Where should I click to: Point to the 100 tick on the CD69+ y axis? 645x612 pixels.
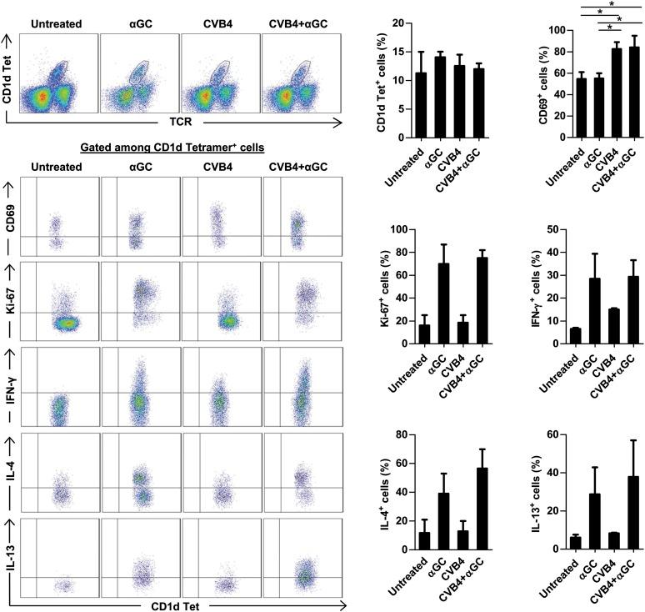click(553, 30)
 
